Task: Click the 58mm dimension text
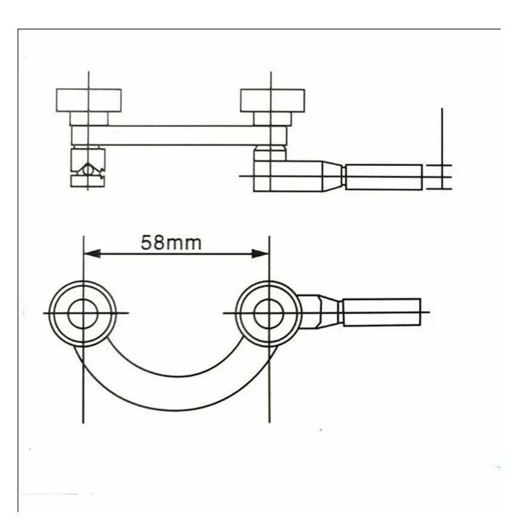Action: click(x=171, y=242)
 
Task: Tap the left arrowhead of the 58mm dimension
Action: click(x=92, y=253)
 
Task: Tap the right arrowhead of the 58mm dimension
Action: click(x=260, y=253)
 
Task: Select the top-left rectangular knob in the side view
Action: click(x=89, y=100)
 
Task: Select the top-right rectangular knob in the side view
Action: click(x=273, y=100)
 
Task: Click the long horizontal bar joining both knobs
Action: click(x=179, y=135)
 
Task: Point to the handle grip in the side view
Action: click(x=383, y=177)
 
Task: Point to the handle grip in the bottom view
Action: click(x=382, y=312)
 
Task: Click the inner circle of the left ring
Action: click(x=83, y=313)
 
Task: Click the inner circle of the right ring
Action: click(x=269, y=313)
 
